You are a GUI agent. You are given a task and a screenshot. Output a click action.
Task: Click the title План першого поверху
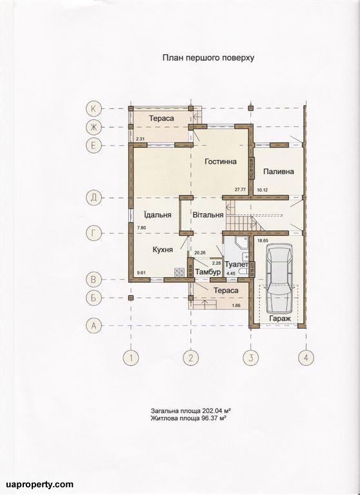click(208, 58)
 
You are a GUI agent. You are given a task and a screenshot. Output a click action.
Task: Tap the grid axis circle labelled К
click(94, 108)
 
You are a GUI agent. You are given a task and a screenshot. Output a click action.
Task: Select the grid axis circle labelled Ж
click(94, 127)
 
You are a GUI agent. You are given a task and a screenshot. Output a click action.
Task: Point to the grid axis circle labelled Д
click(94, 198)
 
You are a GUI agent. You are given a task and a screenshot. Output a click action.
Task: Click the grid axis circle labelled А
click(94, 325)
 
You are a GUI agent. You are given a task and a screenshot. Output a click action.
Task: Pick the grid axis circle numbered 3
click(250, 358)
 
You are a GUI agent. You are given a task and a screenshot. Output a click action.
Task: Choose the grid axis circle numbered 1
click(131, 358)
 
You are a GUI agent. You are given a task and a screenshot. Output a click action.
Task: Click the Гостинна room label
click(221, 162)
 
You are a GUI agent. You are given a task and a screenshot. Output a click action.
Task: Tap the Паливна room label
click(279, 171)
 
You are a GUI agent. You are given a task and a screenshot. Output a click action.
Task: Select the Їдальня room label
click(157, 215)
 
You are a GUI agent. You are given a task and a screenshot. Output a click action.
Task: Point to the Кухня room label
click(163, 249)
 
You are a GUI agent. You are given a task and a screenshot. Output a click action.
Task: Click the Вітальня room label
click(208, 215)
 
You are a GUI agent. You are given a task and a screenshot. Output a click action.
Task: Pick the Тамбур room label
click(208, 272)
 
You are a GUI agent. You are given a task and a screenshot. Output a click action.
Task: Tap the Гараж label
click(280, 318)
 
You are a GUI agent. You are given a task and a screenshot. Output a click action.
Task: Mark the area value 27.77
click(240, 190)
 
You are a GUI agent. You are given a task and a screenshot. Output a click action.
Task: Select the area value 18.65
click(263, 240)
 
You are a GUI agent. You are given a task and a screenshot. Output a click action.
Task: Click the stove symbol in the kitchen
click(179, 272)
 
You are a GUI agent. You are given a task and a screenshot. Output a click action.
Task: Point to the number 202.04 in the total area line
click(210, 411)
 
